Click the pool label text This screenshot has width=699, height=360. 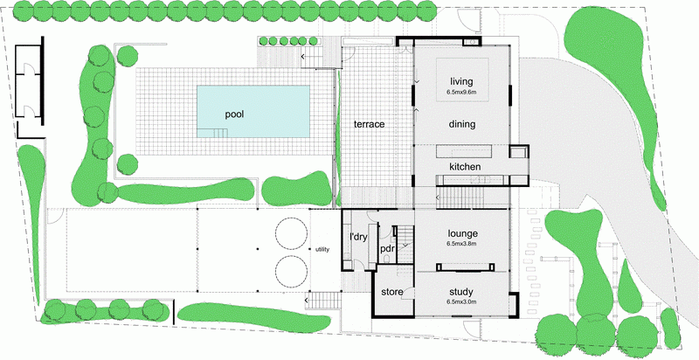pos(234,114)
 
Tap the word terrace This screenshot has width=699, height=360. pos(369,124)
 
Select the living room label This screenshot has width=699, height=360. pos(461,81)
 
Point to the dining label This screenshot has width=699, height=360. pos(462,124)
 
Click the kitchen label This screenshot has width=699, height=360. pos(465,167)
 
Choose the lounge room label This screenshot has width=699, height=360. pos(463,233)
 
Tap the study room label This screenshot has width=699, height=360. pos(461,292)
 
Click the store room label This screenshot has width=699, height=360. pos(392,292)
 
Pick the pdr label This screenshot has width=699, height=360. pos(387,249)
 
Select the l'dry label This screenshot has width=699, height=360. pos(357,237)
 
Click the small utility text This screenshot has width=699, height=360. pos(322,250)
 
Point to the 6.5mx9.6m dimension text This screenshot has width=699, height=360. pos(461,93)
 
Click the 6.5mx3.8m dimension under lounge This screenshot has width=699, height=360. pos(462,244)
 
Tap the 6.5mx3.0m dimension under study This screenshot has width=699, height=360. pos(461,302)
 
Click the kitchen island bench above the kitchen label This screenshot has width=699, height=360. pos(464,151)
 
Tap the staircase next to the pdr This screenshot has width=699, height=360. pos(405,244)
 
